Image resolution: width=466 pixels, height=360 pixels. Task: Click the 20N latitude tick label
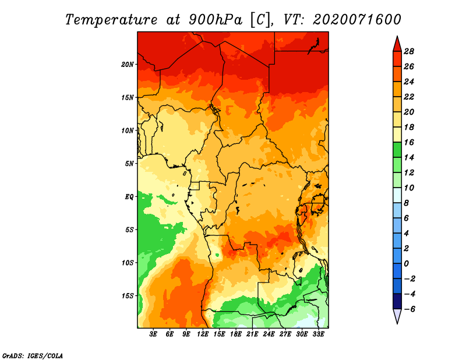point(127,65)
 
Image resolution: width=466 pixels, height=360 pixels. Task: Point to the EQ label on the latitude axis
point(129,197)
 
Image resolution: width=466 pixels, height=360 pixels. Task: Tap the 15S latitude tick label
point(128,296)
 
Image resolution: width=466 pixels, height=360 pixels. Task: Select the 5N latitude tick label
point(129,164)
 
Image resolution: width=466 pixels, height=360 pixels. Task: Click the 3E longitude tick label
point(153,334)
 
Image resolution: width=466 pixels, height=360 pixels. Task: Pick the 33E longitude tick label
point(318,334)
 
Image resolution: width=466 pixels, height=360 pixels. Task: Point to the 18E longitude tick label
point(236,334)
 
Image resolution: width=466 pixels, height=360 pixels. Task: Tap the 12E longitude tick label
point(203,334)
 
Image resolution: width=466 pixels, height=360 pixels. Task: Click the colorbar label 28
point(409,51)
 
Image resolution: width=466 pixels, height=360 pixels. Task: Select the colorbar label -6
point(409,309)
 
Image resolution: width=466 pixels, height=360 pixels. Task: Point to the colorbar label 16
point(409,142)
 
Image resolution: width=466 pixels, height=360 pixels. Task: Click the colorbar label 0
point(406,264)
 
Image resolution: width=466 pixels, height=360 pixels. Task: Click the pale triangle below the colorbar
point(397,315)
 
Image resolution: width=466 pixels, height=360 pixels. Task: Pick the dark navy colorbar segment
point(397,301)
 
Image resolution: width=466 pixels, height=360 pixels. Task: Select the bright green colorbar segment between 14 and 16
point(397,150)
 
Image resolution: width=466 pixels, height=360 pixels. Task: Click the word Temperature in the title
point(111,20)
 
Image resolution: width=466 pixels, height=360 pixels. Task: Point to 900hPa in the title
point(216,20)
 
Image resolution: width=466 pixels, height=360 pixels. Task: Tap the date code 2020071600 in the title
point(357,20)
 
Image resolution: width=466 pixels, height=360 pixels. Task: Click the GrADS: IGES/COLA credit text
point(33,356)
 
